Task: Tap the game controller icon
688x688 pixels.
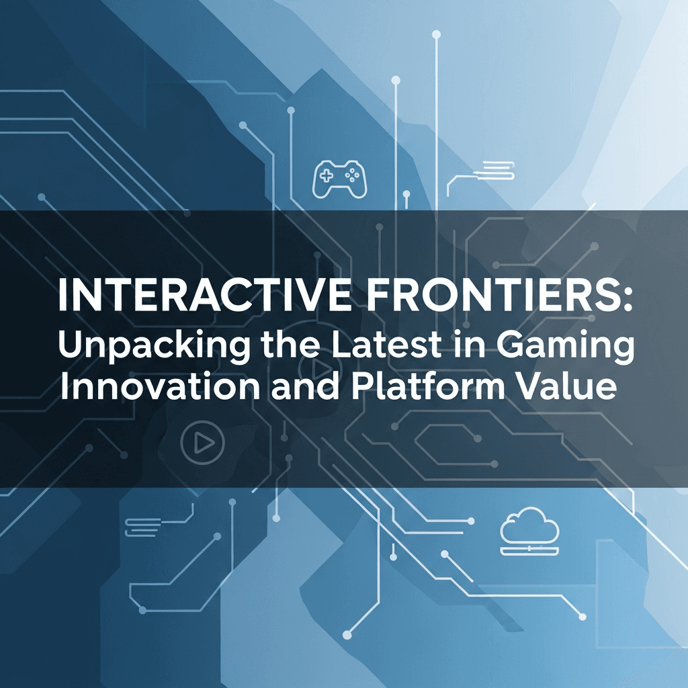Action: click(x=340, y=178)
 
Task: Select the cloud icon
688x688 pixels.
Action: click(x=529, y=527)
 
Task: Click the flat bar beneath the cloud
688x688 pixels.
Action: click(x=529, y=552)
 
